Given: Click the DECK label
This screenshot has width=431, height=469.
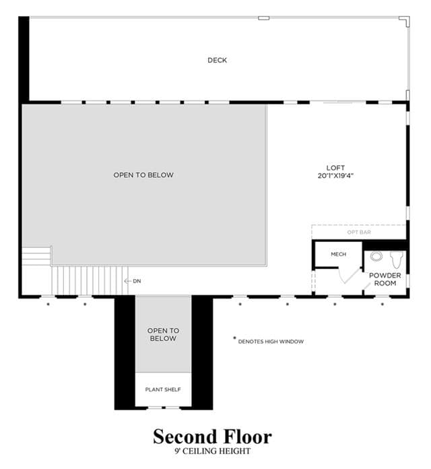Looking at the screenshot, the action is point(218,60).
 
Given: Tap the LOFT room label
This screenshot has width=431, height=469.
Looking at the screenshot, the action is point(335,168).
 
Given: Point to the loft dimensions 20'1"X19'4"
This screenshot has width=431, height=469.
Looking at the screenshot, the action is point(335,176).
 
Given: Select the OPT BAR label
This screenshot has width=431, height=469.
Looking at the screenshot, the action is point(359,232).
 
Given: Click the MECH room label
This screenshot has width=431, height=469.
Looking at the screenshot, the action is point(338,254).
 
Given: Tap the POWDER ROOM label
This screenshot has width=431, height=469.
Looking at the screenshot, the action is point(385,279).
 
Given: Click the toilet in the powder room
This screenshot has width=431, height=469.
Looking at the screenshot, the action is point(397,259).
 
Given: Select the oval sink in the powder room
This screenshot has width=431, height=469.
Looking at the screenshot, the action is point(376,256).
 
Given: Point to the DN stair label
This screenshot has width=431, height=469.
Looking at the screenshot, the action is point(137,281).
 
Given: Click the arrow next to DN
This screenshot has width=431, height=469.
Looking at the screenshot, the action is point(128,281).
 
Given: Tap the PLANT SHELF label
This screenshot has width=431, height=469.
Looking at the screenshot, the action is point(163,389).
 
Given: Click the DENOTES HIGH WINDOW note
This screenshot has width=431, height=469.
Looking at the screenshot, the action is point(271,342).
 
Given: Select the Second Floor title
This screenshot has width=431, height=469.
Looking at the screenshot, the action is point(213,437).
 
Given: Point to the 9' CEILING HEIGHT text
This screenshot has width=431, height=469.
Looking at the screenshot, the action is point(213,451).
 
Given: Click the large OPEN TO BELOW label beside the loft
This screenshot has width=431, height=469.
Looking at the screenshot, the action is point(143,175).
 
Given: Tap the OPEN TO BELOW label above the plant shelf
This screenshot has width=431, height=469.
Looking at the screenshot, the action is point(163,334).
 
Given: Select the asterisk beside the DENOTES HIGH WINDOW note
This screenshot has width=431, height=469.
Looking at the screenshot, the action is point(234,338).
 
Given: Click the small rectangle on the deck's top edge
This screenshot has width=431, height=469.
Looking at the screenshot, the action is point(263,18).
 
